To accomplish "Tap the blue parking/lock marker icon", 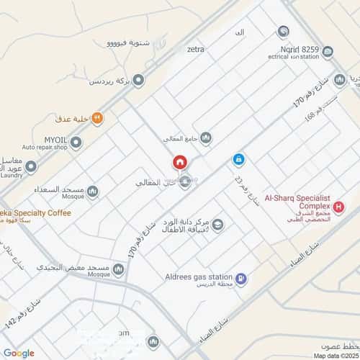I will [x=238, y=159].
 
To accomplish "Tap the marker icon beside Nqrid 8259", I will [x=283, y=32].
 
